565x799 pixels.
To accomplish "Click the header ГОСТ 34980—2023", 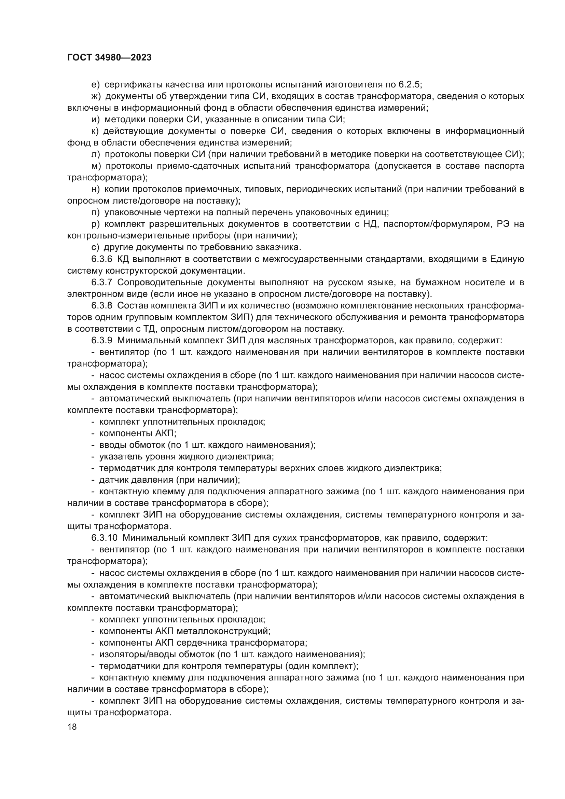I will coord(109,58).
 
